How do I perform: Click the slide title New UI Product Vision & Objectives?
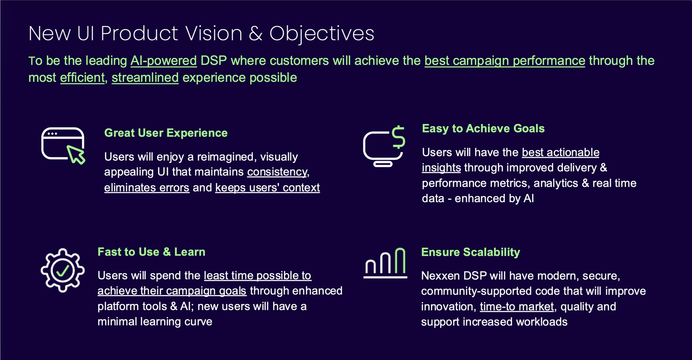[201, 33]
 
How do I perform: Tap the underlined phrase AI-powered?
[163, 61]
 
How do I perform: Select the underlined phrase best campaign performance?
[504, 61]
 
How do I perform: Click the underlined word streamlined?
[145, 78]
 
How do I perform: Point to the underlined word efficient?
[82, 78]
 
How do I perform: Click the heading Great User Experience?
[166, 133]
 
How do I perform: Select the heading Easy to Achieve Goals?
[483, 128]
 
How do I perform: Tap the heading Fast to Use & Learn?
[151, 252]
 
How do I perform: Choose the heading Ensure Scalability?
[470, 252]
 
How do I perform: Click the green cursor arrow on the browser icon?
[76, 154]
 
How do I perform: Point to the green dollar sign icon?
[399, 137]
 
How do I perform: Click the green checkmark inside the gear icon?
[62, 270]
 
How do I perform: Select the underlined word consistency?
[277, 172]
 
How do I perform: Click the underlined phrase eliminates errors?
[146, 187]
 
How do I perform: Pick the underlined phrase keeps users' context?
[267, 187]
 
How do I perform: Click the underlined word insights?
[441, 168]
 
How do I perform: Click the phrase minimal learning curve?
[155, 322]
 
